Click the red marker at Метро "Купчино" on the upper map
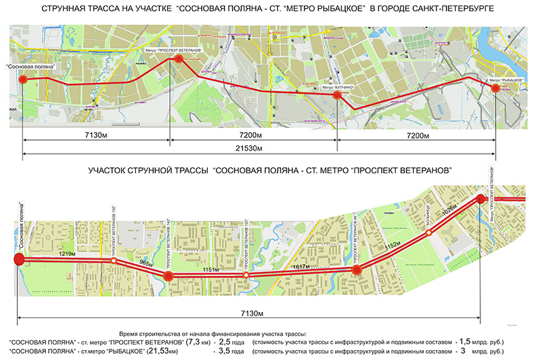pos(337,96)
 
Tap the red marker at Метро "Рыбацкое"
pos(495,86)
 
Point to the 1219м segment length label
pos(65,255)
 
